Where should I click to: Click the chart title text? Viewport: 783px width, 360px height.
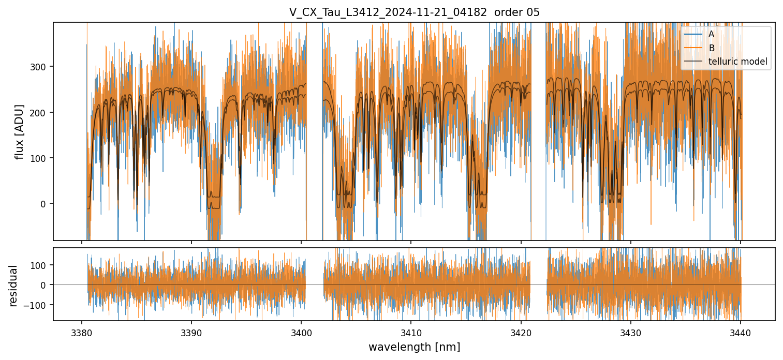[x=414, y=12]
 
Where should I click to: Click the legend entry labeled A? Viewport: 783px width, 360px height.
[x=711, y=34]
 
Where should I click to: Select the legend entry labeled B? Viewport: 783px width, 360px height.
[x=711, y=48]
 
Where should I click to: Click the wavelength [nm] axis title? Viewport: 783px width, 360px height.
[x=414, y=347]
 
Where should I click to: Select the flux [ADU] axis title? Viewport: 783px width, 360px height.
[x=19, y=131]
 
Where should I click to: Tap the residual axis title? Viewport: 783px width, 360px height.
[x=13, y=286]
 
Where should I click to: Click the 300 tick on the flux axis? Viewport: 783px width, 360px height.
[x=39, y=67]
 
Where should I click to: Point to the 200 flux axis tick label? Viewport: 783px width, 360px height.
[x=39, y=112]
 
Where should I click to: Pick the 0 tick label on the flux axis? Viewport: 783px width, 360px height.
[x=43, y=204]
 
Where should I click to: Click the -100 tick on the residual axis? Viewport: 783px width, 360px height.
[x=36, y=305]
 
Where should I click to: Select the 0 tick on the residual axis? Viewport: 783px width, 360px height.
[x=43, y=285]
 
